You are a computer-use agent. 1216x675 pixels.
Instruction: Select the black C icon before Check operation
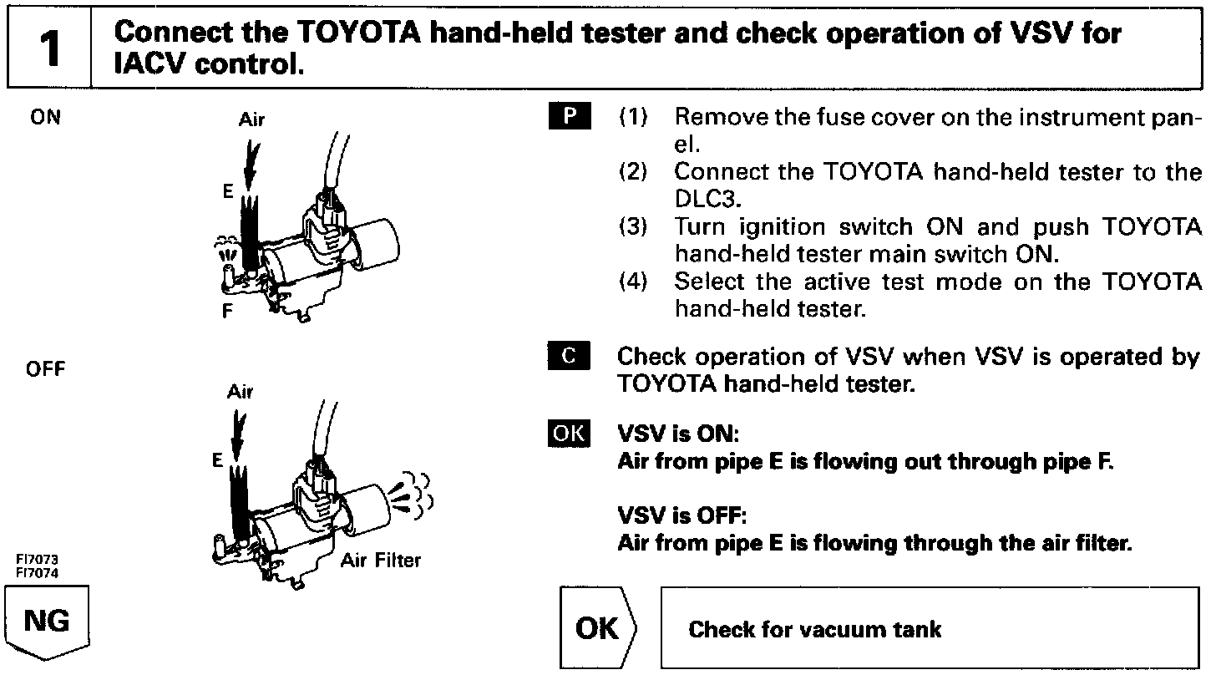pos(570,357)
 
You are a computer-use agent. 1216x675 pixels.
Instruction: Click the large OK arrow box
pos(598,628)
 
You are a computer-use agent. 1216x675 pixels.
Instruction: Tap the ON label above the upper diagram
pos(45,118)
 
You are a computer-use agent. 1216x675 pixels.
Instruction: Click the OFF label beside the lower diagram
pos(47,369)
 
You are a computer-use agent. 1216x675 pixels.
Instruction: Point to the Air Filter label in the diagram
pos(381,560)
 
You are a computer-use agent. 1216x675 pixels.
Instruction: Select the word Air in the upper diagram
pos(251,119)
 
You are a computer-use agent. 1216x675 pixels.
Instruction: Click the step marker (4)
pos(633,282)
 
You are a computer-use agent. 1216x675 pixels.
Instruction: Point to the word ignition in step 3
pos(790,227)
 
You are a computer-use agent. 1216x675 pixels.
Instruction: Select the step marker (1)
pos(633,117)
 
